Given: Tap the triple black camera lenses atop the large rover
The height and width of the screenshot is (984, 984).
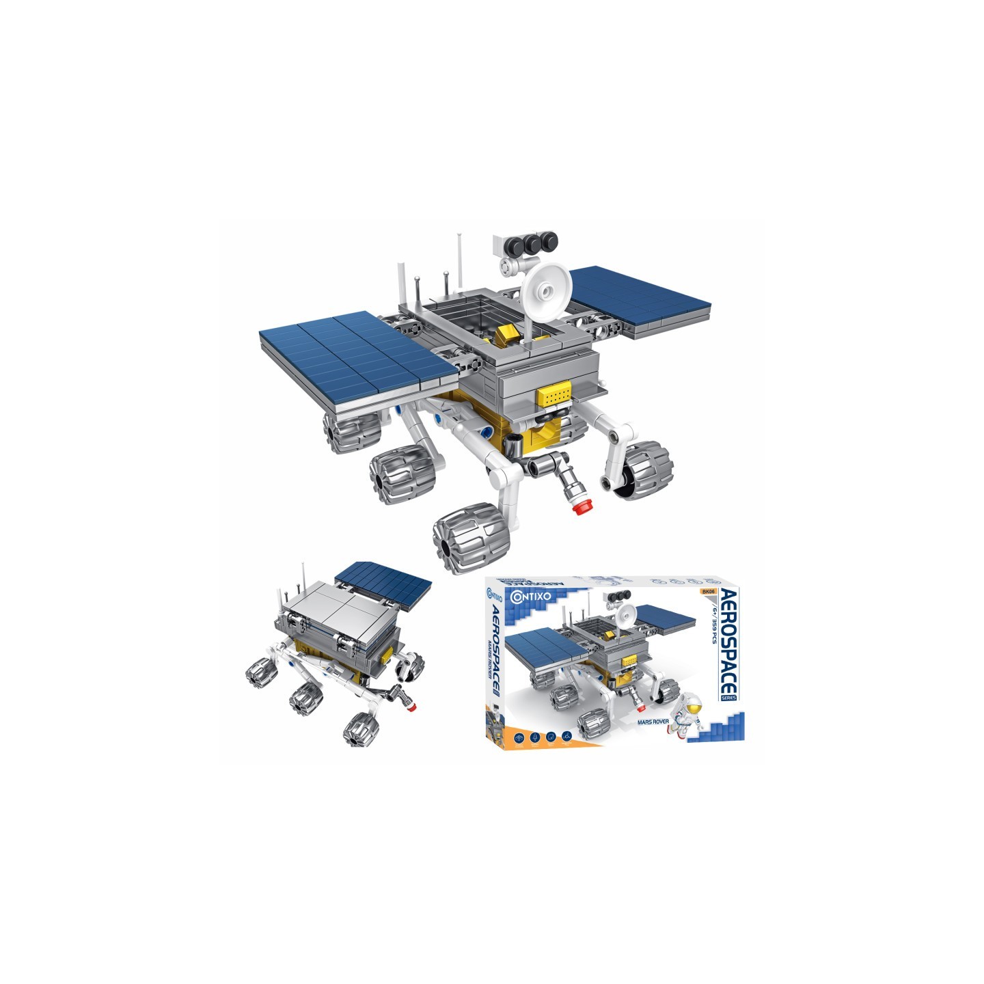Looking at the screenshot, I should pyautogui.click(x=533, y=241).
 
